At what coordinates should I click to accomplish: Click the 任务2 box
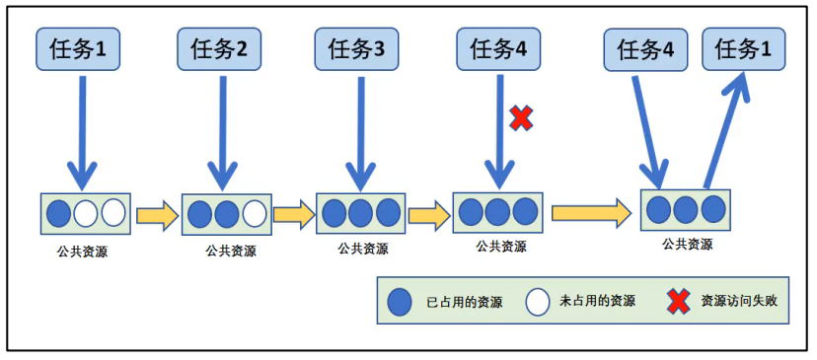click(219, 49)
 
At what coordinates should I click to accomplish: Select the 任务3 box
click(357, 49)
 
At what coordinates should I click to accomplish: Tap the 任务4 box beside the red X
click(498, 49)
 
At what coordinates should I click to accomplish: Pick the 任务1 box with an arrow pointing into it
click(744, 49)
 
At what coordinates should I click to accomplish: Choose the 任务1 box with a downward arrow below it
click(78, 49)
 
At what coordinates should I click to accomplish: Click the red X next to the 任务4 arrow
click(521, 118)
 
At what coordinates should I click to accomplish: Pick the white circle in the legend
click(538, 302)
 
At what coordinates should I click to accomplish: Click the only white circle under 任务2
click(255, 214)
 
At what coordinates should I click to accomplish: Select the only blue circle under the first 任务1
click(59, 213)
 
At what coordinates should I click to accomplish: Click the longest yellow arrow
click(591, 211)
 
